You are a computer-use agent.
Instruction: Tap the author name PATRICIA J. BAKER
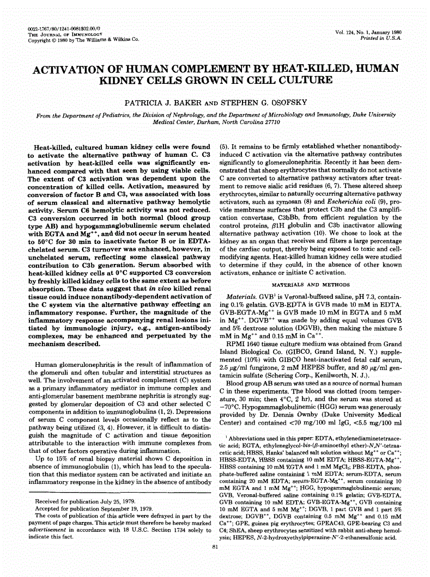[x=175, y=102]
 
